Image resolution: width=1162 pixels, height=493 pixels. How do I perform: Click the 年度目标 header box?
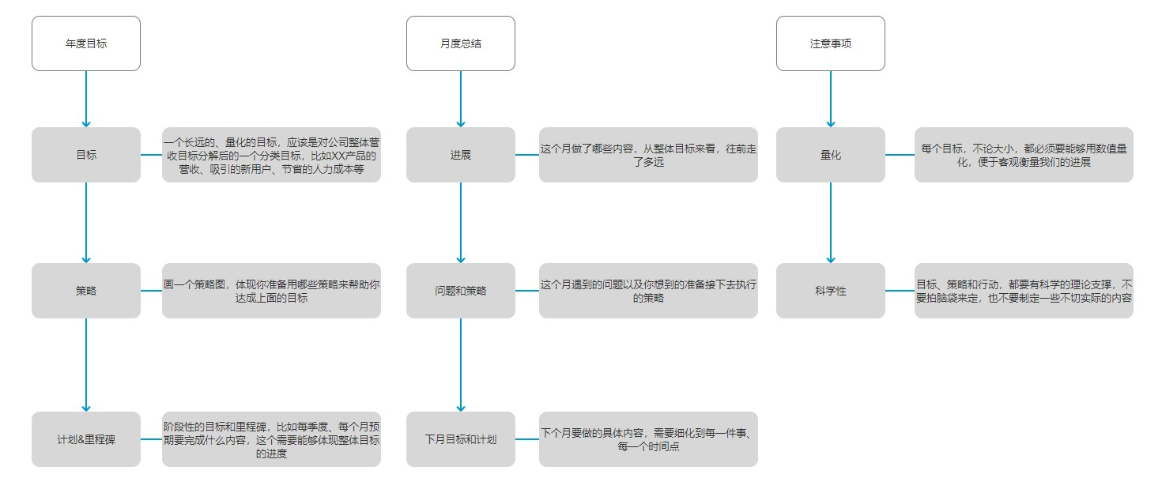[x=86, y=43]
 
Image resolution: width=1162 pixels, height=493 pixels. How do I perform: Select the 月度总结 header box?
[x=461, y=43]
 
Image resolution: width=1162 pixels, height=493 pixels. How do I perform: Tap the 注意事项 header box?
[x=831, y=43]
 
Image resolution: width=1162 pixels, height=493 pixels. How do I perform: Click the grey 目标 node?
[x=86, y=155]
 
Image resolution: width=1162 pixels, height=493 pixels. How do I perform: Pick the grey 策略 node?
[x=86, y=291]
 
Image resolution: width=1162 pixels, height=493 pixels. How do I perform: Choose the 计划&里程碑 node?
[x=86, y=439]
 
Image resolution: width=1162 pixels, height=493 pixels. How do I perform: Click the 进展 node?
[x=461, y=155]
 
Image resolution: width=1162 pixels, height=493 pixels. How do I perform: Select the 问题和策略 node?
[x=461, y=291]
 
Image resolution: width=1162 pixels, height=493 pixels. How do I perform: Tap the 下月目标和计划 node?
[x=461, y=439]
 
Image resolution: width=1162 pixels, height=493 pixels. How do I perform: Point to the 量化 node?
[x=831, y=155]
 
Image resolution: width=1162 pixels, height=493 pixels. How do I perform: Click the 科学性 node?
[x=831, y=291]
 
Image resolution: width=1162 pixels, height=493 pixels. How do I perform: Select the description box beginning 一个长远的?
[x=271, y=155]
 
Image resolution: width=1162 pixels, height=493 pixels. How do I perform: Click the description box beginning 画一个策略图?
[x=271, y=291]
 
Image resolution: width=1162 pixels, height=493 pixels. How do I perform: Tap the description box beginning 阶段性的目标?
[x=271, y=439]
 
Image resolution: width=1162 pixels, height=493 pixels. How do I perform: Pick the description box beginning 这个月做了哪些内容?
[x=648, y=155]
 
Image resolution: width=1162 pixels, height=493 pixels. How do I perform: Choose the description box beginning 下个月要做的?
[x=648, y=439]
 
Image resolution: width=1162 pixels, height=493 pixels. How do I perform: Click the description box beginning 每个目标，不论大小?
[x=1024, y=155]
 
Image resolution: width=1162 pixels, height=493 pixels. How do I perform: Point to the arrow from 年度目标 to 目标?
[x=86, y=99]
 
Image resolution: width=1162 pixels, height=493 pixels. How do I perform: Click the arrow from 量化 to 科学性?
[x=831, y=222]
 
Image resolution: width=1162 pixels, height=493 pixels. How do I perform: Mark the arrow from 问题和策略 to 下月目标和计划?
[x=461, y=364]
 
